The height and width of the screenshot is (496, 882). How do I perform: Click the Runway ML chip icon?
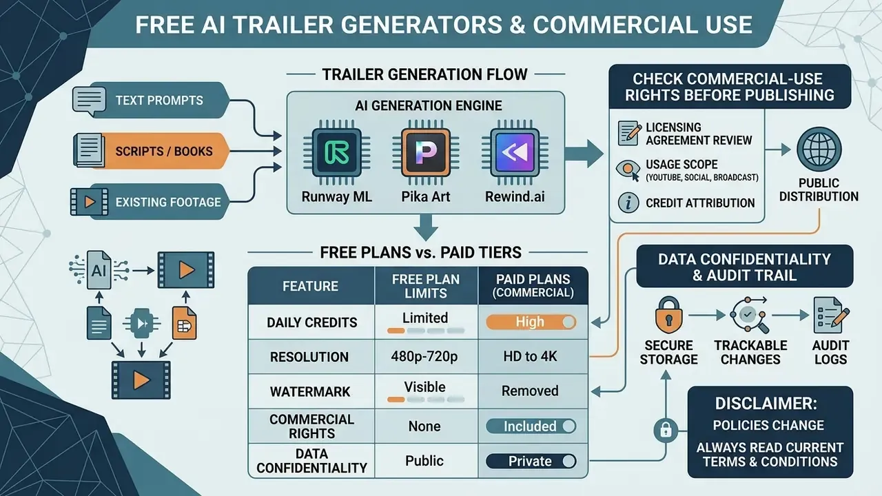[x=337, y=152]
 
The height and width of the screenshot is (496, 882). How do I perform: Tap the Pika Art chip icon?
[x=426, y=152]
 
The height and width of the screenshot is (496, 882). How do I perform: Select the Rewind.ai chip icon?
[x=515, y=152]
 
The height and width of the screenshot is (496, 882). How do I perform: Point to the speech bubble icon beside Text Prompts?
[x=89, y=101]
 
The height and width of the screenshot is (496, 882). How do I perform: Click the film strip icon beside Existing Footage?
[x=89, y=202]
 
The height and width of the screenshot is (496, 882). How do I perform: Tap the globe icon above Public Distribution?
[x=819, y=149]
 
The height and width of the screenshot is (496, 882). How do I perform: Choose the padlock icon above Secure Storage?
[x=668, y=316]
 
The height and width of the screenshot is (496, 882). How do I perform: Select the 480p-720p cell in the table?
[x=424, y=357]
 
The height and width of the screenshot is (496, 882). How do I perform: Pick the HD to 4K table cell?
[x=531, y=357]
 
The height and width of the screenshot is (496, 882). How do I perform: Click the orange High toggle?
[x=531, y=322]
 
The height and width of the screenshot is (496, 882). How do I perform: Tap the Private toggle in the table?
[x=531, y=461]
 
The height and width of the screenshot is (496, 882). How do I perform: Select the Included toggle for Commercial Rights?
[x=531, y=426]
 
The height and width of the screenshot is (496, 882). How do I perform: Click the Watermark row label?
[x=310, y=392]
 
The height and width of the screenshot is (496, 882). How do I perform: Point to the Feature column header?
[x=310, y=286]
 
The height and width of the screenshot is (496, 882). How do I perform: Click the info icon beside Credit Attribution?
[x=628, y=203]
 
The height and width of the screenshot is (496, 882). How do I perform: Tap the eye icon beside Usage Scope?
[x=628, y=169]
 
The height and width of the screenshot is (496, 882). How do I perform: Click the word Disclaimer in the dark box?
[x=766, y=404]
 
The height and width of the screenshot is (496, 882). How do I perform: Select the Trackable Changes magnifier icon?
[x=748, y=315]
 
